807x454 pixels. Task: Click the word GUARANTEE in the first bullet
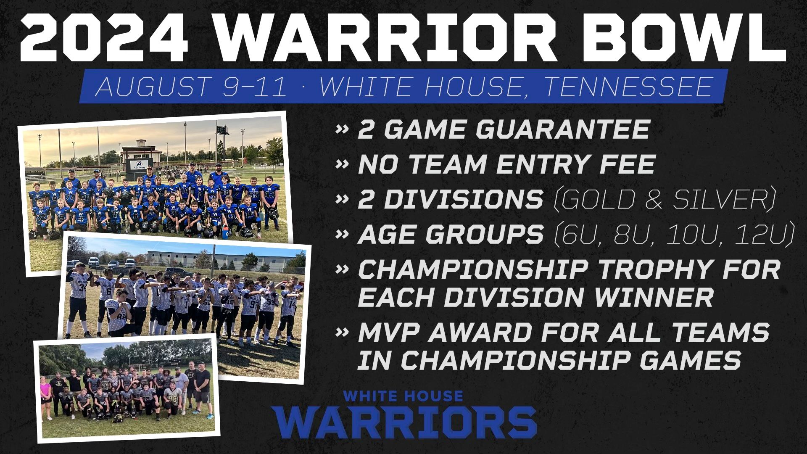(x=563, y=129)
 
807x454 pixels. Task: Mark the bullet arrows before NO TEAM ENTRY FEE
(x=343, y=164)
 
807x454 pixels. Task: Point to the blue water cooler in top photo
(x=227, y=230)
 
